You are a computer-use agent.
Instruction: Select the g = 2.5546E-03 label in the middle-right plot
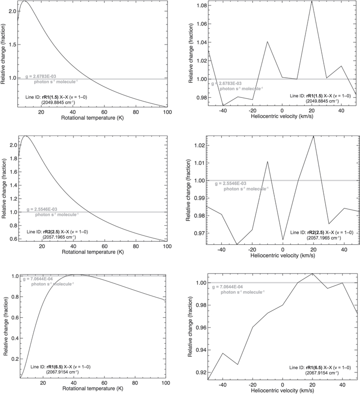[x=230, y=183]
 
